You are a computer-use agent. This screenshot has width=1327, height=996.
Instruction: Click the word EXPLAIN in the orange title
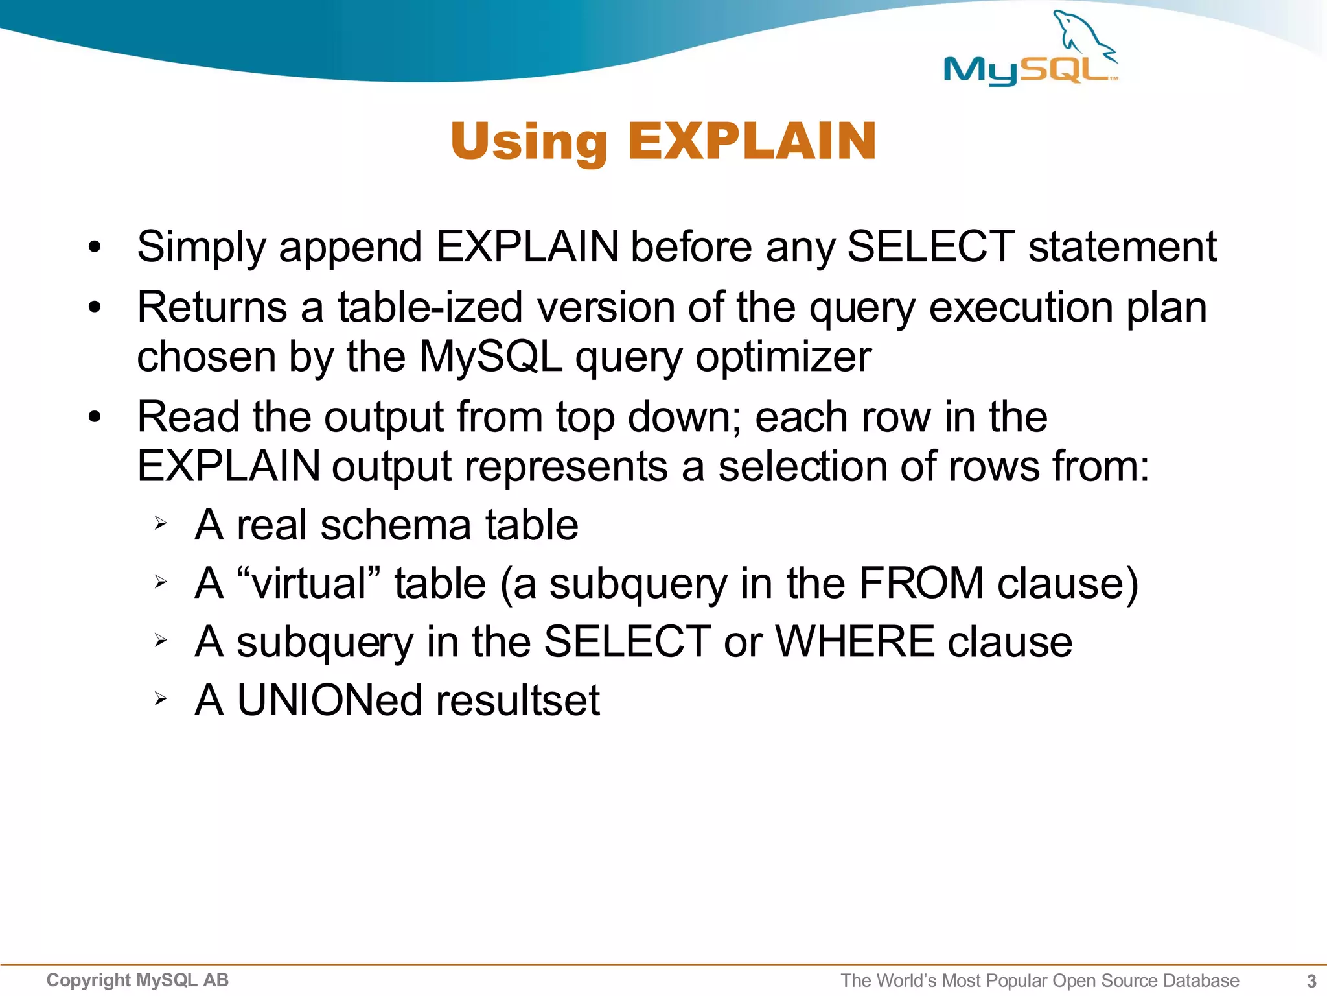pos(752,141)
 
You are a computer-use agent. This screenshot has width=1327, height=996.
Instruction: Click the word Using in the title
pos(529,142)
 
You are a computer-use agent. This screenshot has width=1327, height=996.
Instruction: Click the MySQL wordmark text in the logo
pos(1027,70)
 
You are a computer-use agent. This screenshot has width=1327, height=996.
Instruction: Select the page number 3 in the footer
pos(1311,980)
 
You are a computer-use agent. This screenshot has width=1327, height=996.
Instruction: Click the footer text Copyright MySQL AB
pos(137,980)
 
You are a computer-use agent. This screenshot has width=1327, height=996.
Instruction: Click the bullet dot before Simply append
pos(95,247)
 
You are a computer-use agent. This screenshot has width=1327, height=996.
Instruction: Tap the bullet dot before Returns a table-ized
pos(95,307)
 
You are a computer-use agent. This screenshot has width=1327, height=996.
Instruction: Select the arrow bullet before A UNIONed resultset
pos(161,698)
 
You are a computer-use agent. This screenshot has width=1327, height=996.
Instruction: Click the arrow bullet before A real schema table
pos(161,523)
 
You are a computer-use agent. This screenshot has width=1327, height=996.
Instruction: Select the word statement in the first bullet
pos(1122,247)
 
